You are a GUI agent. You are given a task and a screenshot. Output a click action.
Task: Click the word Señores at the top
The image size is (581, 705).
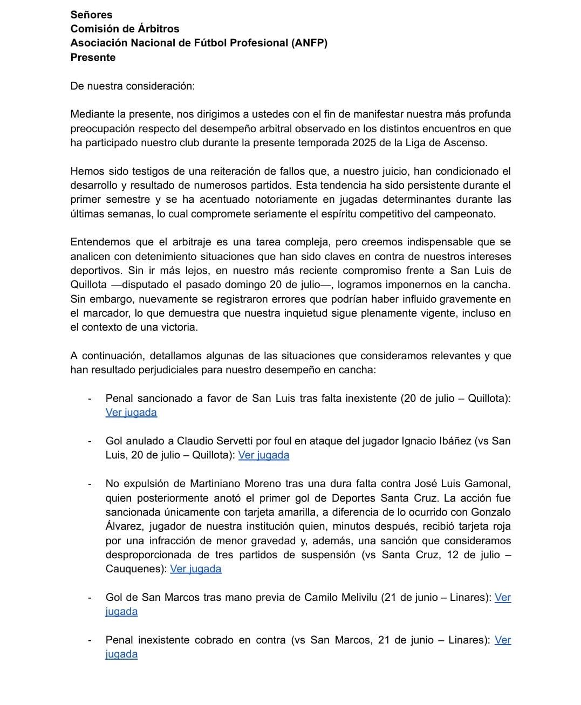click(91, 15)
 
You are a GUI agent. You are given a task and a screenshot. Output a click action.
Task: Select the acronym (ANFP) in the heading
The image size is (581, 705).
click(309, 43)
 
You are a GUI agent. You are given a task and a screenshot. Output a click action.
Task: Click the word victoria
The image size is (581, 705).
click(177, 327)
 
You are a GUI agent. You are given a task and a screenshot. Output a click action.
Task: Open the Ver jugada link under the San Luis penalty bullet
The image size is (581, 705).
click(131, 413)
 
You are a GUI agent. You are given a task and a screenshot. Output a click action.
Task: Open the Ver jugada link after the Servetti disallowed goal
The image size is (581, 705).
click(263, 455)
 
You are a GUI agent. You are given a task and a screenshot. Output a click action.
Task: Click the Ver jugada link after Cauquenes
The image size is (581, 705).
click(195, 569)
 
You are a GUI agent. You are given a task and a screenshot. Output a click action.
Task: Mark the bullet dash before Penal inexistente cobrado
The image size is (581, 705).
click(90, 640)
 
